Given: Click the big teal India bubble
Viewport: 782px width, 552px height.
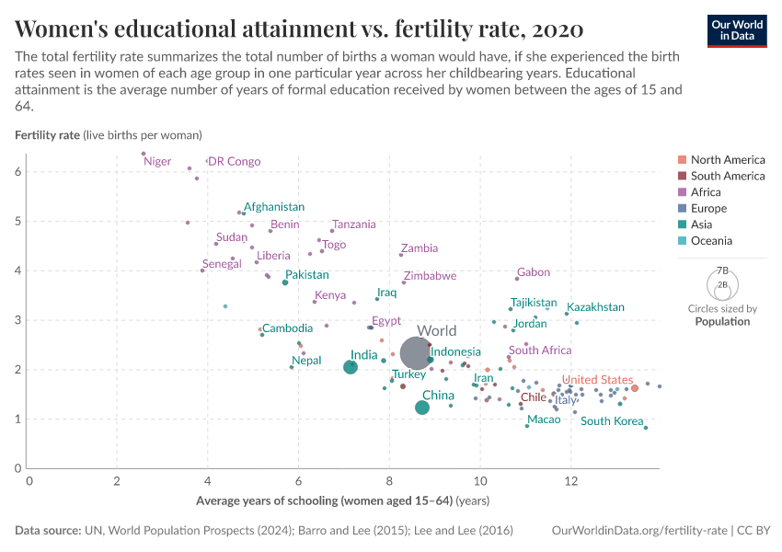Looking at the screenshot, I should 351,367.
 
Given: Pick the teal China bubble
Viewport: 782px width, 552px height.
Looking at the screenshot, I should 422,408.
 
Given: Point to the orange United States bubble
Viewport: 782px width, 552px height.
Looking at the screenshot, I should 635,388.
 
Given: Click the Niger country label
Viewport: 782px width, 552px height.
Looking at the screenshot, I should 157,162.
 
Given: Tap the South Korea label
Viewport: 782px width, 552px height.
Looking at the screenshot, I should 612,421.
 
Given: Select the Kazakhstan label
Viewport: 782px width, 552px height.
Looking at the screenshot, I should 595,307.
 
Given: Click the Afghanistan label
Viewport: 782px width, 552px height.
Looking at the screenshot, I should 274,207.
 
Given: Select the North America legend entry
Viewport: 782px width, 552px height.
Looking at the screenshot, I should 728,160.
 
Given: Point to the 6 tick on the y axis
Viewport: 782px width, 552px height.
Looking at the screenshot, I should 18,172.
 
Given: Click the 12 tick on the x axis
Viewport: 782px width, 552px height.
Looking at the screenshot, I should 571,481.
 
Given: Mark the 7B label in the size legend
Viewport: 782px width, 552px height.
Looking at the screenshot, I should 722,271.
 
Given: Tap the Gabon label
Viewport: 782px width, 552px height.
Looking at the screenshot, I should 534,272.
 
